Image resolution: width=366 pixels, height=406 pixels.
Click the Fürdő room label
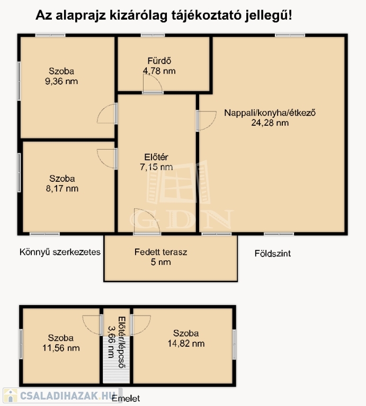click(159, 61)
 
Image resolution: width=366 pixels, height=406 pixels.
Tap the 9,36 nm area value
click(61, 81)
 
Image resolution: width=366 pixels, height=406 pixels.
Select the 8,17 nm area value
click(62, 189)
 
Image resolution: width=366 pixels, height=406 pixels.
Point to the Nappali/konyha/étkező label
click(270, 113)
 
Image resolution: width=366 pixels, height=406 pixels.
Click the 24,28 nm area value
click(270, 123)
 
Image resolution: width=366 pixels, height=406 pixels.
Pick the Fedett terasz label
click(160, 252)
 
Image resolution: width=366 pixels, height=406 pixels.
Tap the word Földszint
click(273, 254)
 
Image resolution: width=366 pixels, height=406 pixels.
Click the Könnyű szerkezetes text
click(60, 252)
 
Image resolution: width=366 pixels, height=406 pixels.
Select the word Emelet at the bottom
click(126, 398)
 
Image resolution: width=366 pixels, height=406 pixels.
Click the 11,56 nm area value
click(61, 348)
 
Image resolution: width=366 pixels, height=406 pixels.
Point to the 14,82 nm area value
click(186, 344)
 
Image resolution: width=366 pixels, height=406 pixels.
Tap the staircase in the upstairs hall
click(116, 360)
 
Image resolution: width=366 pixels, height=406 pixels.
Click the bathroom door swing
click(153, 84)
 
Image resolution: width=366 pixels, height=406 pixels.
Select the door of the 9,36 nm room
click(107, 114)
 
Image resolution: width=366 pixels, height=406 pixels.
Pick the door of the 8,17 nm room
click(107, 159)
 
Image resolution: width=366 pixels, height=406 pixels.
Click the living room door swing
click(207, 121)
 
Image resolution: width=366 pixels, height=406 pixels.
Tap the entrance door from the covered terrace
click(147, 222)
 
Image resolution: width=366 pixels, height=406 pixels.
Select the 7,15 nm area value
click(156, 167)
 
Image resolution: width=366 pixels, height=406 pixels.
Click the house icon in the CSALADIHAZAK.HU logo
click(11, 395)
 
